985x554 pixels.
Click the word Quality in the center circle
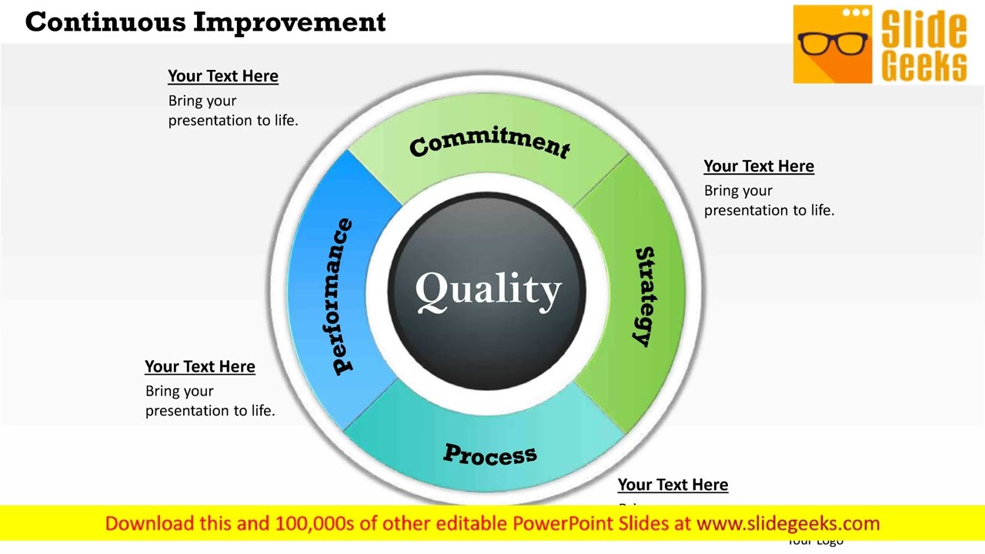coord(488,291)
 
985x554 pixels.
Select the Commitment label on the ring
coord(489,142)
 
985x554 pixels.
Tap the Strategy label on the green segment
coord(645,296)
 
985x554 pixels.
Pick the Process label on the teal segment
coord(489,455)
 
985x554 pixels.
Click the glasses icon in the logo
coord(832,43)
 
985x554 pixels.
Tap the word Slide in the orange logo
coord(923,29)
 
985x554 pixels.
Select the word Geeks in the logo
coord(923,65)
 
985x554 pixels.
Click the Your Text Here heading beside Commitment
coord(223,76)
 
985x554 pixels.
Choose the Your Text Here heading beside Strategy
coord(759,166)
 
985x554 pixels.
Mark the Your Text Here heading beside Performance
coord(200,367)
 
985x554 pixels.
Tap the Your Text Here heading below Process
coord(673,485)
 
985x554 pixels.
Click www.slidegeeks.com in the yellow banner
coord(788,524)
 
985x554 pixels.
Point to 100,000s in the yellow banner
coord(316,524)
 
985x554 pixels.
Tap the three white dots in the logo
coord(855,12)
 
